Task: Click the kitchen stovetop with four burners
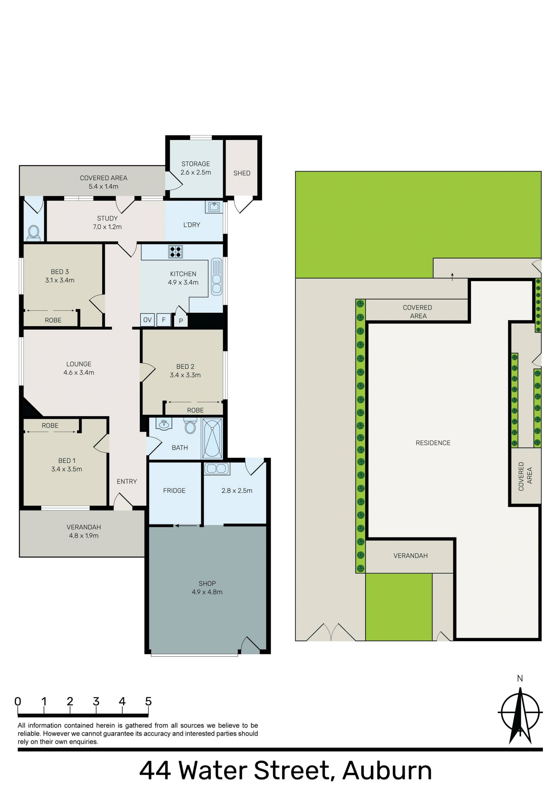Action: point(175,252)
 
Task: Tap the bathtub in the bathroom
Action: point(212,438)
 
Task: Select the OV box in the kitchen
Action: point(147,320)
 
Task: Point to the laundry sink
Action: point(214,207)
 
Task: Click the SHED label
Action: point(242,173)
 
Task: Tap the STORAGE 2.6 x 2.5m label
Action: point(196,168)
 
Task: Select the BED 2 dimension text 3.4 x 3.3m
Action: point(185,375)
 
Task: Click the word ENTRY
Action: point(127,481)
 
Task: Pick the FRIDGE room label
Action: point(174,491)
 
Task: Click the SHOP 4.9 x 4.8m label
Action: point(207,588)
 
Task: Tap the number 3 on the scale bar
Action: point(96,699)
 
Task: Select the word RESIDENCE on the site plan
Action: point(433,443)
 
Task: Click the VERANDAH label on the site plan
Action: point(410,556)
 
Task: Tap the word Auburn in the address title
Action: point(387,771)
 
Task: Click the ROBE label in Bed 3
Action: point(53,320)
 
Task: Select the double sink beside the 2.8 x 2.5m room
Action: point(216,469)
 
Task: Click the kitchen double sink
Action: point(216,277)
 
